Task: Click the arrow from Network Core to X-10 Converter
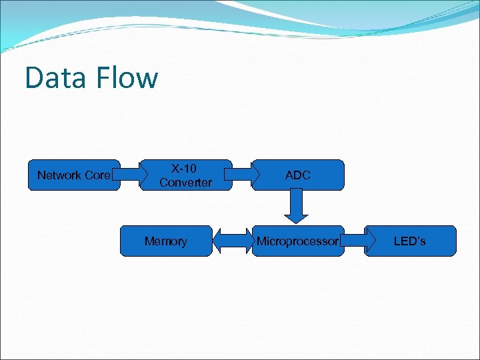pos(129,175)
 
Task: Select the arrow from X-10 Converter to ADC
pos(242,175)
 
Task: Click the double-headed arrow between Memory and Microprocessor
pos(232,241)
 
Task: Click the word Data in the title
pos(56,77)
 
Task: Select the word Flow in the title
pos(126,77)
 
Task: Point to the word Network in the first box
pos(59,175)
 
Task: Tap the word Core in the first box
pos(97,175)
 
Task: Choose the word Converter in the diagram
pos(186,182)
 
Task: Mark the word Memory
pos(166,241)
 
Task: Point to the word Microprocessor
pos(298,241)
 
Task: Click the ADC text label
pos(298,175)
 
